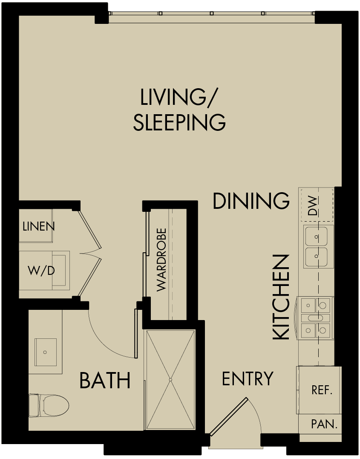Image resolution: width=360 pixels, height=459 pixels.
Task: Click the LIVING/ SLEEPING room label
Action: (x=179, y=110)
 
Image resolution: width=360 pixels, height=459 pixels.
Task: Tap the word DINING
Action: (x=251, y=201)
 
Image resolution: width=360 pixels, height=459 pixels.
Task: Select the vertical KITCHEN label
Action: (x=281, y=297)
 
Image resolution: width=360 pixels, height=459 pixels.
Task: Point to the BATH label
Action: (x=105, y=381)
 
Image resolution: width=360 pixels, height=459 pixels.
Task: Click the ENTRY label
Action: (x=248, y=378)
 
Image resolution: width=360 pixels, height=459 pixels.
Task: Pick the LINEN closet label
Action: (x=38, y=226)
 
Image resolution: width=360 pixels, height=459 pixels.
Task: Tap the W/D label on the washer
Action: (x=41, y=270)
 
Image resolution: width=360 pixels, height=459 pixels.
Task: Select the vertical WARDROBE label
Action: (x=161, y=260)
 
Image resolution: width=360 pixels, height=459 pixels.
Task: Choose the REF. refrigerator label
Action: (x=322, y=390)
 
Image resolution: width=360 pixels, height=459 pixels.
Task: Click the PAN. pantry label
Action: (x=324, y=424)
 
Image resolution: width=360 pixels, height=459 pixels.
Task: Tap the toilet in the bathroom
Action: (x=50, y=405)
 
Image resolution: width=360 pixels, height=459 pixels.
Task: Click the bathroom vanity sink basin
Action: (x=45, y=352)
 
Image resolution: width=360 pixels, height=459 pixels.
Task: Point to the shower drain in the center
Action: (x=170, y=379)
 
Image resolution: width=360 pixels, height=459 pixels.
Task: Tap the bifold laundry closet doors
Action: (x=90, y=254)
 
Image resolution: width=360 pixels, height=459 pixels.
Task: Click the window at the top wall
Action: (x=212, y=14)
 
